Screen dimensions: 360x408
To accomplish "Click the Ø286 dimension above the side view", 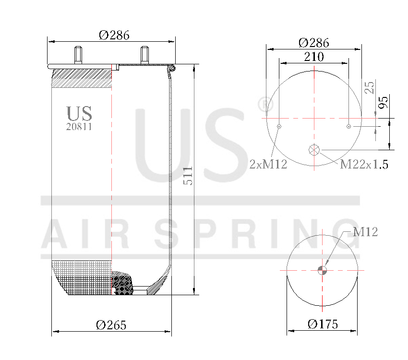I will (x=114, y=35).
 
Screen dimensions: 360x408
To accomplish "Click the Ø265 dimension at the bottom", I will (x=111, y=325).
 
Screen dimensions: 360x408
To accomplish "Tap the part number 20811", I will (x=79, y=127).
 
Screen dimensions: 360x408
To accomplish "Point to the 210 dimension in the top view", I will (x=313, y=57).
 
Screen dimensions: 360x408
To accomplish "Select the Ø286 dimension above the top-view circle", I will (x=313, y=42).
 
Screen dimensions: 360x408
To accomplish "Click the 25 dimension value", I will (x=370, y=87).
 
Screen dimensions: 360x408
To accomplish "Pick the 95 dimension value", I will (x=384, y=102).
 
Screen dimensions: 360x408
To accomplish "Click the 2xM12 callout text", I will (x=268, y=165).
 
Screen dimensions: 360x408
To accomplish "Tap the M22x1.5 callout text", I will (x=364, y=165).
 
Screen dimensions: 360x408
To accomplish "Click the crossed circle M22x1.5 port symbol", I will (x=314, y=149).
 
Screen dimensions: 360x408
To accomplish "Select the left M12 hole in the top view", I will (x=279, y=126).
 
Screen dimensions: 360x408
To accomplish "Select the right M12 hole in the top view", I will (x=349, y=126).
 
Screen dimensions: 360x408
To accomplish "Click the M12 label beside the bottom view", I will (x=365, y=232).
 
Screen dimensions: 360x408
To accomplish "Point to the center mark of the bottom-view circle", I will (x=323, y=270).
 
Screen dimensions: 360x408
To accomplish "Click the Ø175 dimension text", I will (x=323, y=324).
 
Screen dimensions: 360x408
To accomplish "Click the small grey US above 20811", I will (x=79, y=113).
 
